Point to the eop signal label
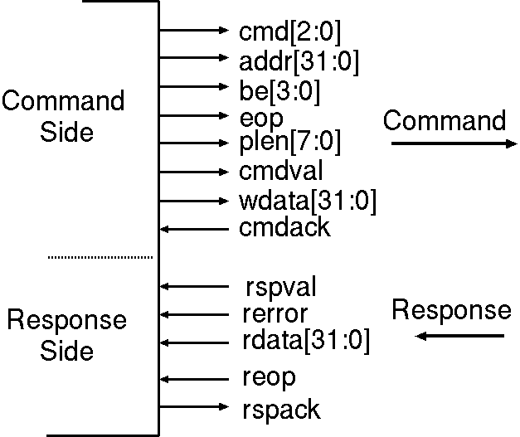pos(261,117)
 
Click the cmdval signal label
pos(281,172)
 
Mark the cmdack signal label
pos(284,228)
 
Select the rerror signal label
pos(275,314)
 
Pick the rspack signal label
pos(281,408)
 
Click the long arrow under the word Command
pos(453,143)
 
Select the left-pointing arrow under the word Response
pos(460,336)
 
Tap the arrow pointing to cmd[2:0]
pos(192,31)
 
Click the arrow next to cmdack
pos(192,229)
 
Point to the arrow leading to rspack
pos(192,407)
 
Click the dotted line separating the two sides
pos(100,257)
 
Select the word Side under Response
pos(67,351)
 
